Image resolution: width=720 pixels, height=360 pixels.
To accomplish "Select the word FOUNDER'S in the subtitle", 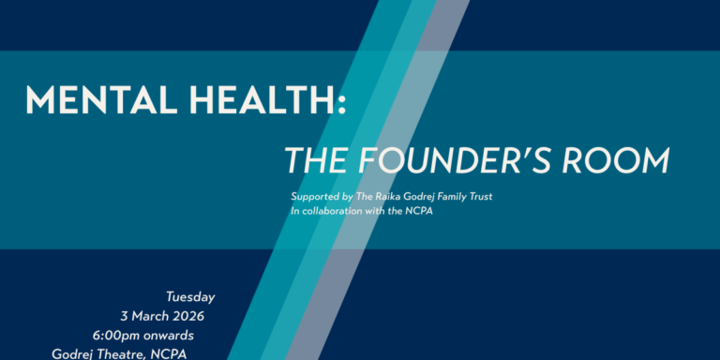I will (456, 160).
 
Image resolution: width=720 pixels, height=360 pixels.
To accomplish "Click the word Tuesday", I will (186, 297).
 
